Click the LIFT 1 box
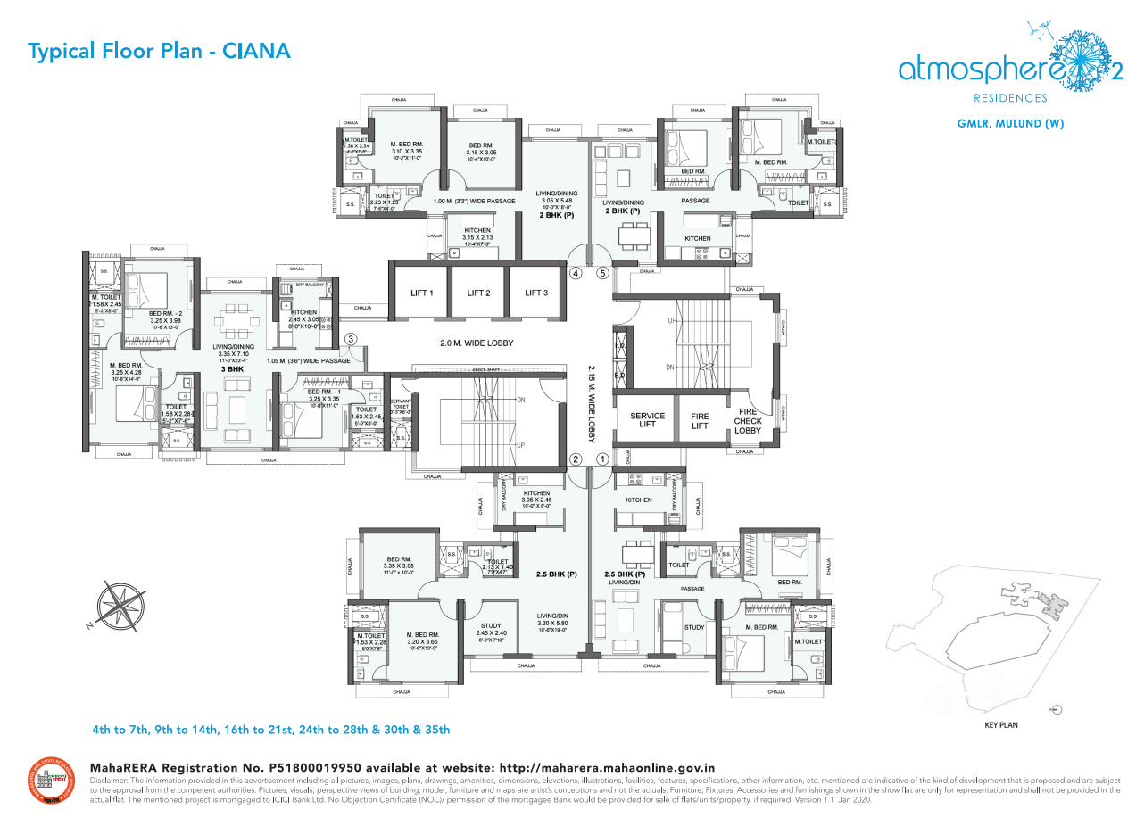[x=420, y=293]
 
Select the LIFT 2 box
[x=478, y=293]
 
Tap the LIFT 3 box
[x=535, y=293]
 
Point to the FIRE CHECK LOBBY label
[x=748, y=421]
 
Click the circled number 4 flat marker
[x=576, y=273]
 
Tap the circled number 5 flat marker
[x=602, y=273]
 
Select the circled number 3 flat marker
[x=352, y=338]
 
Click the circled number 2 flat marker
[x=576, y=459]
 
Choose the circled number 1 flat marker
[x=602, y=459]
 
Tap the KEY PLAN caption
[x=1000, y=725]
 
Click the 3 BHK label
[x=232, y=368]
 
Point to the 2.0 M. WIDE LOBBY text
[x=477, y=343]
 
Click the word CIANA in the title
[x=256, y=51]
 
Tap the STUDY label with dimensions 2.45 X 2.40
[x=491, y=630]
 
